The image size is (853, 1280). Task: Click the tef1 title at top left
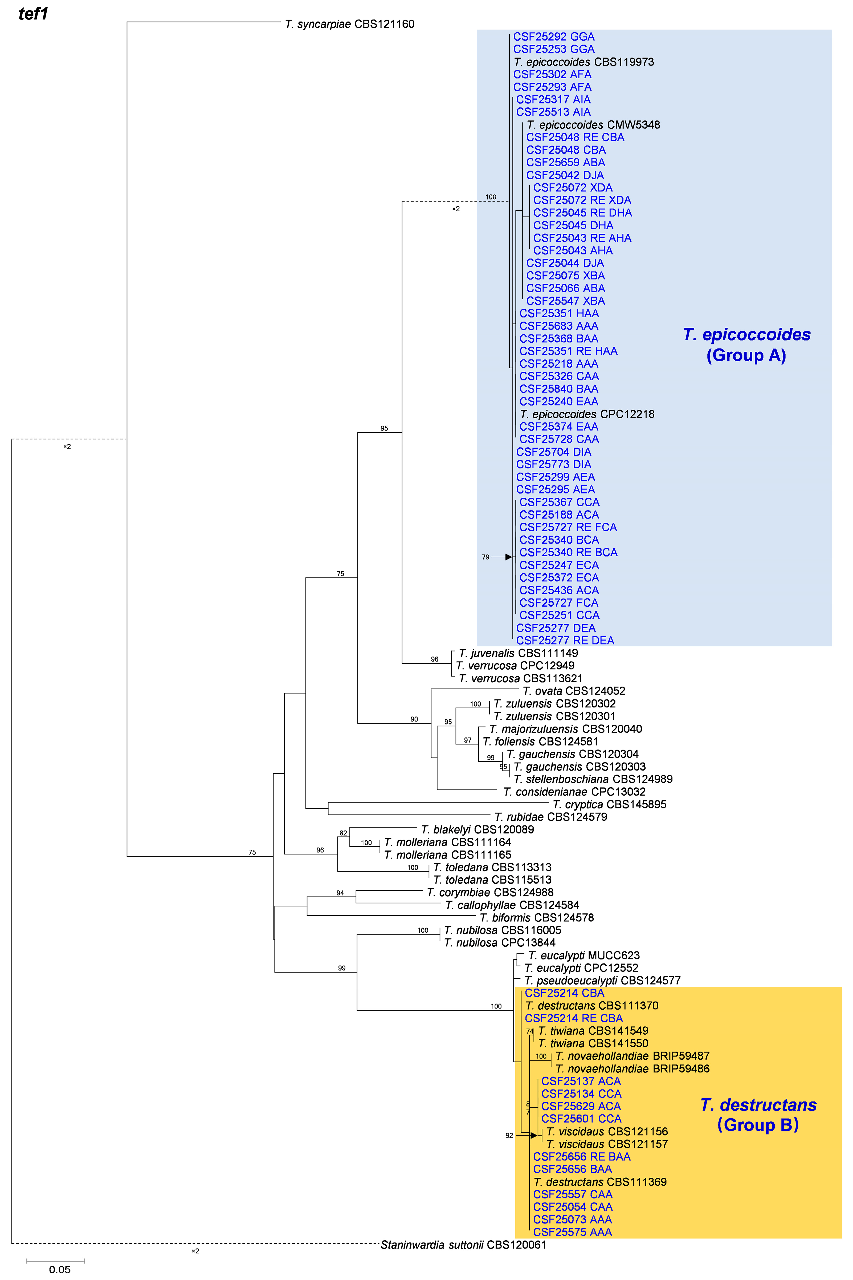pos(33,14)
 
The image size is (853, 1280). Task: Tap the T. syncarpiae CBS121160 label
pos(349,24)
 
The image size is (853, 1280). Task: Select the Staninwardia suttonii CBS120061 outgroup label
pos(463,1245)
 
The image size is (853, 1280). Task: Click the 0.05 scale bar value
pos(60,1270)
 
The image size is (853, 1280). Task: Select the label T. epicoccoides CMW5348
pos(593,125)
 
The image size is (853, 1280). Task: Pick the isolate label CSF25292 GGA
pos(554,37)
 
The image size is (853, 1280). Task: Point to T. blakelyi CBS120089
pos(477,829)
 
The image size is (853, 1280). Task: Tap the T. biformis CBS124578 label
pos(536,918)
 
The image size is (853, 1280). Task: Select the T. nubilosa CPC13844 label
pos(499,943)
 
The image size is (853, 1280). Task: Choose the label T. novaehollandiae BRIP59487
pos(632,1056)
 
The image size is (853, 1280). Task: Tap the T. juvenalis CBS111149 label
pos(518,653)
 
